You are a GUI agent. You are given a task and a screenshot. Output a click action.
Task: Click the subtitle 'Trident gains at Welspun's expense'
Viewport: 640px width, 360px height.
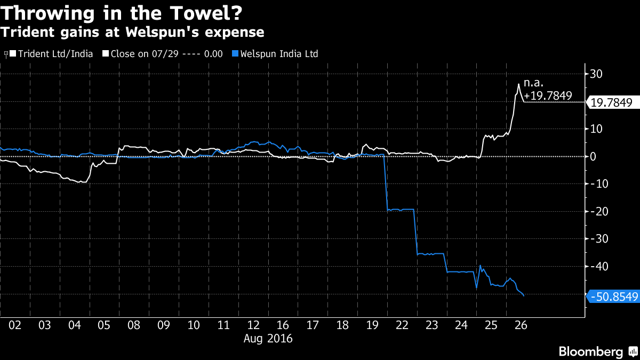point(132,32)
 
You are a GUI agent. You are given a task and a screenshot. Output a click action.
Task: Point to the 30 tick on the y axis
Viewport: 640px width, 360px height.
point(596,74)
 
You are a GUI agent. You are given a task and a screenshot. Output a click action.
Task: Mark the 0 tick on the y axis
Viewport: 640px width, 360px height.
point(593,156)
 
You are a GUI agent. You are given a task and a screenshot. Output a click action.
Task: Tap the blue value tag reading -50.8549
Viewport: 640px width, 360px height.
point(613,297)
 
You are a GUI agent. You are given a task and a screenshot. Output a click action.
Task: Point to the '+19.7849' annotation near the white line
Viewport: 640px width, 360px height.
point(548,96)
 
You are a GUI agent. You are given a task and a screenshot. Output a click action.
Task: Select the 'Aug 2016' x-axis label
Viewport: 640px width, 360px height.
point(268,338)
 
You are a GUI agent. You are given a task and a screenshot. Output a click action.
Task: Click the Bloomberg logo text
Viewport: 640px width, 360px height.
point(591,351)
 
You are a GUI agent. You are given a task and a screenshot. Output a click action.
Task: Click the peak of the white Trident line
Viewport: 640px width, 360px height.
point(519,83)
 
